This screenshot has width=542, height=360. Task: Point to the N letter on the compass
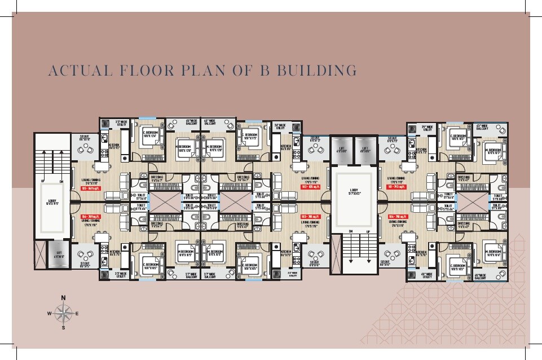tap(64, 297)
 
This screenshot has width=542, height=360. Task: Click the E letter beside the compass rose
tap(77, 313)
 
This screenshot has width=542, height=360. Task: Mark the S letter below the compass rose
tap(64, 327)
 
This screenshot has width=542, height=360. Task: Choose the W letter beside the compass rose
tap(50, 313)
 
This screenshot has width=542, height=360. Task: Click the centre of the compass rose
tap(64, 313)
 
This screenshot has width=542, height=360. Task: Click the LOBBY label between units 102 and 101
tap(354, 191)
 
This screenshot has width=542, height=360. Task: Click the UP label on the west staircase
tap(43, 182)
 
